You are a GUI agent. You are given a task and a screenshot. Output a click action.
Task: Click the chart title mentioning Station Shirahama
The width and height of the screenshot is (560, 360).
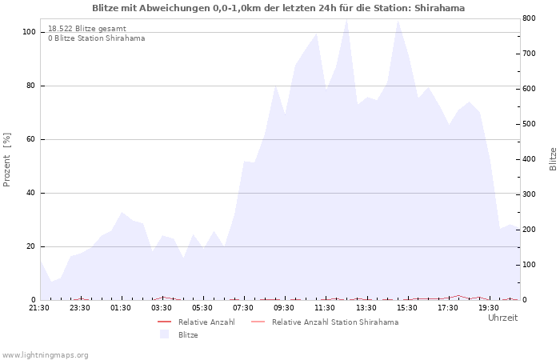[x=278, y=8]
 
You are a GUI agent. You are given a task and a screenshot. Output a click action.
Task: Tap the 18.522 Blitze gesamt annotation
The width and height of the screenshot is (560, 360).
[x=87, y=29]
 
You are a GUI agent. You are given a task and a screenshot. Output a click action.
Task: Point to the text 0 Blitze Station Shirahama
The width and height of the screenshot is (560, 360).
[x=97, y=38]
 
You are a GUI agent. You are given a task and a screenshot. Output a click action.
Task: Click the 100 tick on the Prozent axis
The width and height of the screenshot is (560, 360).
[x=29, y=32]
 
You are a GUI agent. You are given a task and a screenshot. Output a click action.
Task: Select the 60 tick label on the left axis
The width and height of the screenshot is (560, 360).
[x=31, y=139]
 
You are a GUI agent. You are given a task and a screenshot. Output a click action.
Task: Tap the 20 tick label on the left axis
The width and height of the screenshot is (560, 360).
[x=31, y=246]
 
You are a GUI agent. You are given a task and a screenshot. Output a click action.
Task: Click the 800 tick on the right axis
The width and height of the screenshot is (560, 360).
[x=529, y=18]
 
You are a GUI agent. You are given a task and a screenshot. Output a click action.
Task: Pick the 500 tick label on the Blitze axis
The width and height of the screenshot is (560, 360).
[x=529, y=124]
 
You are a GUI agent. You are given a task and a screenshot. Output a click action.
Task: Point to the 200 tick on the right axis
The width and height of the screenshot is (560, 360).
[x=529, y=230]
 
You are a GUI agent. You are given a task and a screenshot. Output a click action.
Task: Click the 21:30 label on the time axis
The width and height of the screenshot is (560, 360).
[x=39, y=308]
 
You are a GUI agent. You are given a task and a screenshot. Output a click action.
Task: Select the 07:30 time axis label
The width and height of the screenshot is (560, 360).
[x=243, y=308]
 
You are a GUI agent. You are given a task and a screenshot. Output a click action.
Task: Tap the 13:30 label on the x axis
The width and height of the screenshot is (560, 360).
[x=366, y=308]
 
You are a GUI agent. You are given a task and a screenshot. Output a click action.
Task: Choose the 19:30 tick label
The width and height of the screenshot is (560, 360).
[x=489, y=308]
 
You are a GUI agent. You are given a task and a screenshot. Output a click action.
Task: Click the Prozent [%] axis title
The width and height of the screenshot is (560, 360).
[x=6, y=160]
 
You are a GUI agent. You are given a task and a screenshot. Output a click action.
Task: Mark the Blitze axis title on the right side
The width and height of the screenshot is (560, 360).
[x=553, y=159]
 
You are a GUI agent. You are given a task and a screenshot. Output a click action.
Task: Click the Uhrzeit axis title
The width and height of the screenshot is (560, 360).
[x=503, y=318]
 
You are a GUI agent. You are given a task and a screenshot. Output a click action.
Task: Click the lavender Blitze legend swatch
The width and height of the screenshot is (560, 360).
[x=164, y=334]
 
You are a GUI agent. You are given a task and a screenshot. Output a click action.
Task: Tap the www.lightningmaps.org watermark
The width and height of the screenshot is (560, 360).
[x=45, y=355]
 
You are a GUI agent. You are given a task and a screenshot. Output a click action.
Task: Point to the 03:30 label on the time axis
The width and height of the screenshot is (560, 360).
[x=162, y=308]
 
